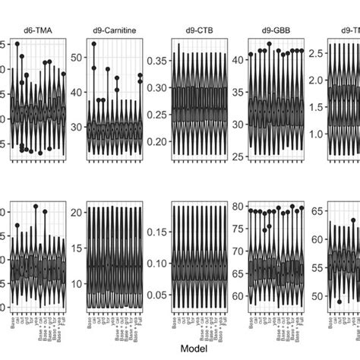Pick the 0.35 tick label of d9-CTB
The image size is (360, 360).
click(156, 61)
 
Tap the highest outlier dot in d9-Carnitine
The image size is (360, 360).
click(94, 44)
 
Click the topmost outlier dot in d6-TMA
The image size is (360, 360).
click(17, 44)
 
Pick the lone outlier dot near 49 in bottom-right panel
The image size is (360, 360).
click(339, 302)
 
